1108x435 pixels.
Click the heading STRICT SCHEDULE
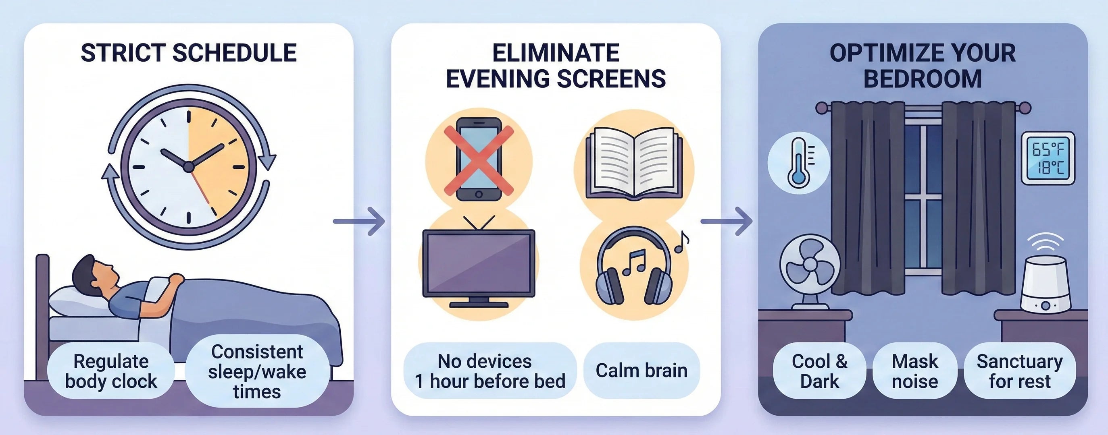pyautogui.click(x=188, y=53)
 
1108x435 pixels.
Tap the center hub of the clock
pyautogui.click(x=188, y=167)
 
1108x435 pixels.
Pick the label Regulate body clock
pyautogui.click(x=111, y=371)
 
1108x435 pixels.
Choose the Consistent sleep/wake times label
pyautogui.click(x=257, y=371)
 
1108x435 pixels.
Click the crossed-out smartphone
pyautogui.click(x=478, y=159)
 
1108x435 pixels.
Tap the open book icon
pyautogui.click(x=634, y=164)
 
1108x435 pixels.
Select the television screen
pyautogui.click(x=479, y=263)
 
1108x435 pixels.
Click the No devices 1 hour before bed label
pyautogui.click(x=489, y=371)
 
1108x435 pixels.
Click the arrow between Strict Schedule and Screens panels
pyautogui.click(x=359, y=222)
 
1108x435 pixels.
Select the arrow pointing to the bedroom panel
pyautogui.click(x=727, y=222)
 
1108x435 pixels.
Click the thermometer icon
pyautogui.click(x=798, y=163)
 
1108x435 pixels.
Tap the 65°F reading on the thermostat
pyautogui.click(x=1048, y=149)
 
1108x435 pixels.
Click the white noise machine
pyautogui.click(x=1045, y=284)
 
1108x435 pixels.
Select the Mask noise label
pyautogui.click(x=915, y=371)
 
